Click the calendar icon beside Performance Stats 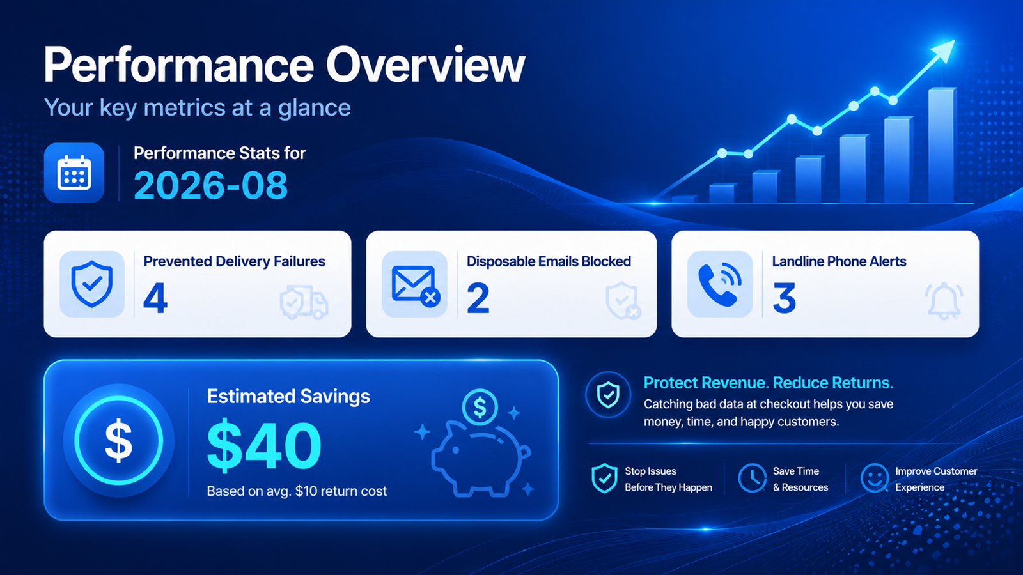click(74, 172)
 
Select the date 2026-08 click(210, 185)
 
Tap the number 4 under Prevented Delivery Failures click(155, 298)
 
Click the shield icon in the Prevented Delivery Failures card click(92, 284)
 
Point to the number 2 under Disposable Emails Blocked click(478, 298)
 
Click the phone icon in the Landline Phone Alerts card click(719, 284)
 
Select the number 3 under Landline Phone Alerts click(784, 298)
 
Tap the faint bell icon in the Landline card click(944, 301)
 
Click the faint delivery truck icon click(304, 302)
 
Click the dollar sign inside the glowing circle click(119, 441)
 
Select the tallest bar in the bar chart click(941, 145)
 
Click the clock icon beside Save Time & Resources click(752, 479)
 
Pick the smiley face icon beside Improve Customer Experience click(874, 479)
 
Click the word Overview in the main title click(425, 65)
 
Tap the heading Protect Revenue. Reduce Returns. click(768, 383)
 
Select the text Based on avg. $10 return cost click(297, 491)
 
